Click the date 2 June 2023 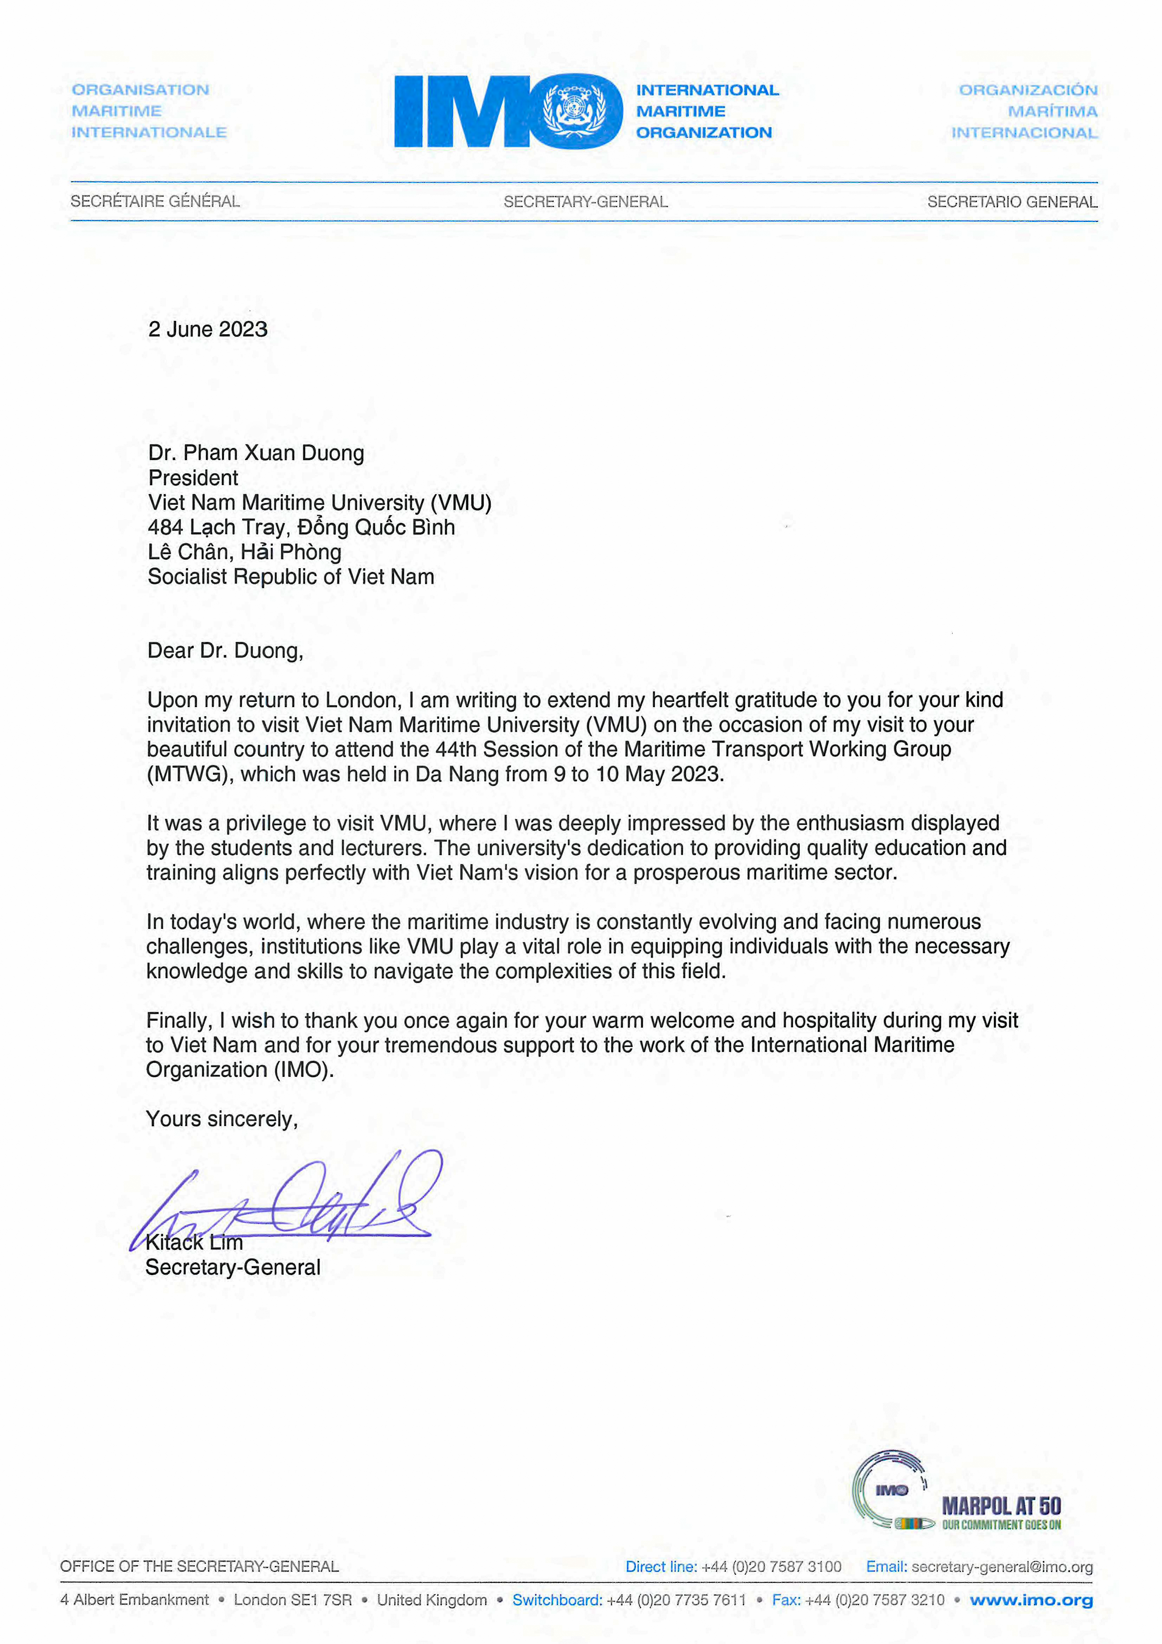(x=208, y=329)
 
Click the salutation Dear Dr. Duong (x=225, y=651)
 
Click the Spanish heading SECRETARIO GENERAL (x=1012, y=202)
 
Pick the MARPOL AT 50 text (x=1001, y=1506)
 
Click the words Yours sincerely (x=221, y=1119)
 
